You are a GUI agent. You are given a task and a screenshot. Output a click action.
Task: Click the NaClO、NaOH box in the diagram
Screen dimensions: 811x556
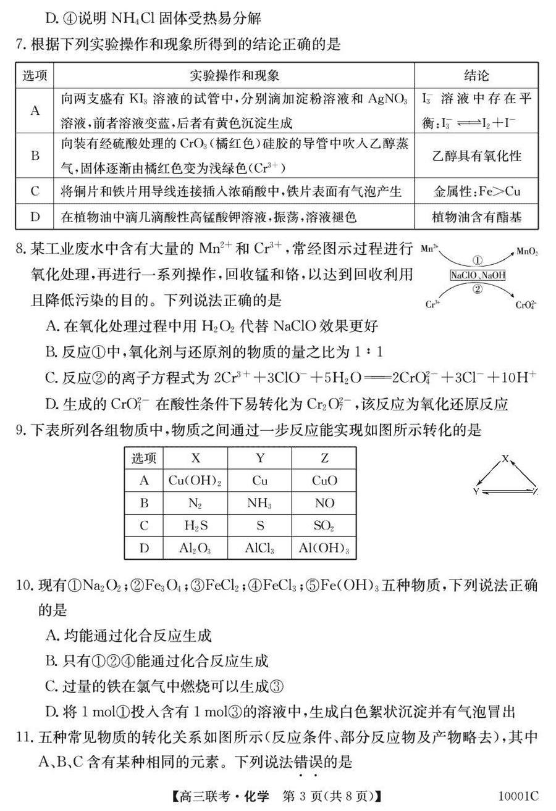[478, 275]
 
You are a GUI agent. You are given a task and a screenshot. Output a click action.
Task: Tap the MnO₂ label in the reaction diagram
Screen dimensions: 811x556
[527, 252]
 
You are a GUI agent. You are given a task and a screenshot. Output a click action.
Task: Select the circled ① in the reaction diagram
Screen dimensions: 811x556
[477, 262]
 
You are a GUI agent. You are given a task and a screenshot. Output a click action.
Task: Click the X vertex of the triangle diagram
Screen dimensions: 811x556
[505, 459]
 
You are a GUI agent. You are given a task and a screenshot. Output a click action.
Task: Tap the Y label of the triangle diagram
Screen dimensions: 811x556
[476, 492]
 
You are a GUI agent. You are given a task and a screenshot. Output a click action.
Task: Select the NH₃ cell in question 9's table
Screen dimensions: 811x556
[259, 503]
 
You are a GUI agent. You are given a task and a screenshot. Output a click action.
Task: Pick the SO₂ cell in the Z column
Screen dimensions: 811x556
[324, 526]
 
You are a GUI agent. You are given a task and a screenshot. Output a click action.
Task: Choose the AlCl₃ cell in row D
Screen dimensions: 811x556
[259, 548]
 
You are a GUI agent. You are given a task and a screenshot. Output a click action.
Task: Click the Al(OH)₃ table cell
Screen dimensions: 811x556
[324, 548]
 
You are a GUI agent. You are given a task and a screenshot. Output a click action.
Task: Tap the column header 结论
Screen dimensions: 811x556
[476, 75]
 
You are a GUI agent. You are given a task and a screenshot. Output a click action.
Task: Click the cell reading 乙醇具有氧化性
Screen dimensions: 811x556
[476, 156]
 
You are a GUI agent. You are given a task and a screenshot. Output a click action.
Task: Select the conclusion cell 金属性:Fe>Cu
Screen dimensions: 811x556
[476, 191]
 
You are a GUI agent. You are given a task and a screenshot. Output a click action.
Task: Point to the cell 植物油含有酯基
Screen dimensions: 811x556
[476, 217]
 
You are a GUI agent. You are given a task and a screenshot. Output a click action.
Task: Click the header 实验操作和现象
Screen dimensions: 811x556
[234, 75]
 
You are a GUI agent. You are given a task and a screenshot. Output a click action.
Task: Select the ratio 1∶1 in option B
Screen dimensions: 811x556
[370, 352]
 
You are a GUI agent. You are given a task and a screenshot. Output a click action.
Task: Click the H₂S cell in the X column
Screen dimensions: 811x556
[195, 526]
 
